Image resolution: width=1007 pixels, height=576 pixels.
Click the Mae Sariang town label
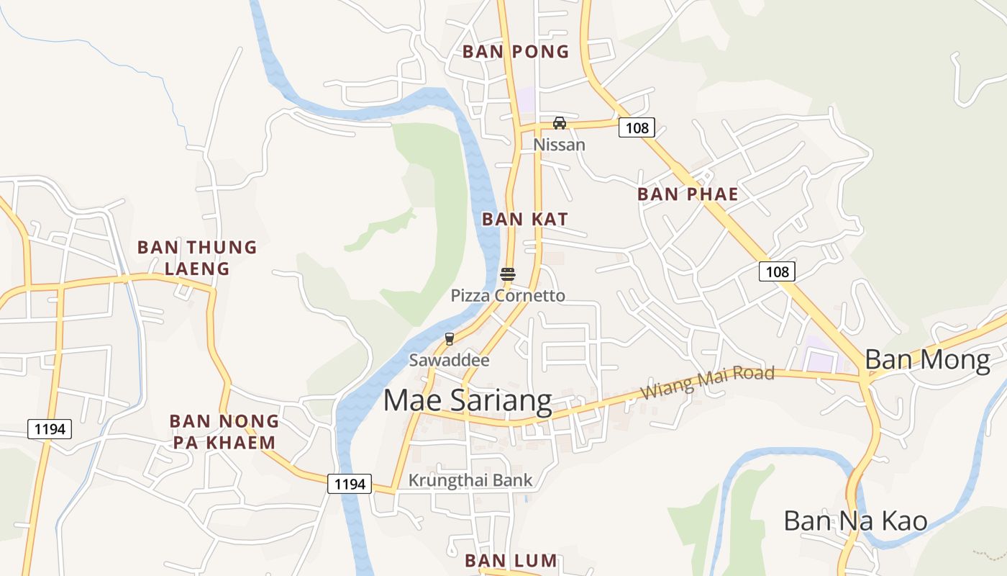coord(468,401)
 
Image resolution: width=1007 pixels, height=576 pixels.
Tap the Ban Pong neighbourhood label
coord(516,52)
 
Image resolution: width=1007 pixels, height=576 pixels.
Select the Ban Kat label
coord(525,219)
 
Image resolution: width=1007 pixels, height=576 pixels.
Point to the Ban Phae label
coord(688,194)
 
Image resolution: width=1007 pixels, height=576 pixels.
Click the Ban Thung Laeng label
coord(197,258)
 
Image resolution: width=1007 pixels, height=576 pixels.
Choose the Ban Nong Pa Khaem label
coord(224,431)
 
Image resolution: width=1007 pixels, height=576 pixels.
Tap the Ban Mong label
coord(927,359)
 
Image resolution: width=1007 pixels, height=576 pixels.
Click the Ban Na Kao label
coord(855,521)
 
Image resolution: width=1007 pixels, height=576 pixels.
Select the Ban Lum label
coord(511,560)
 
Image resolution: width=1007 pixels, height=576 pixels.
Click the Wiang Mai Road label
coord(707,382)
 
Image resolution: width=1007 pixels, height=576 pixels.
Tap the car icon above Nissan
coord(560,122)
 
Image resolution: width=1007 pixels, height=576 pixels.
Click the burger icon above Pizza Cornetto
coord(508,274)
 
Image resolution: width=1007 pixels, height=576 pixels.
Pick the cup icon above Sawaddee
coord(450,338)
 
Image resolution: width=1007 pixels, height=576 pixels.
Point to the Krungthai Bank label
coord(470,480)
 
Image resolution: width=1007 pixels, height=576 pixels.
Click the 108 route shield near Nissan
coord(637,128)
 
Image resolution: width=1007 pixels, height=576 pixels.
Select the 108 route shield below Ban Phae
coord(777,271)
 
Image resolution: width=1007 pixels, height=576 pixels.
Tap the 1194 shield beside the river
coord(350,484)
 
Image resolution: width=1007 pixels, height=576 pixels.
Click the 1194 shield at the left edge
coord(50,430)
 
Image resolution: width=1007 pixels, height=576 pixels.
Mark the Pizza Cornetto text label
coord(508,296)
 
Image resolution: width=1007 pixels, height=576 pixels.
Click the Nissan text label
coord(559,145)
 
